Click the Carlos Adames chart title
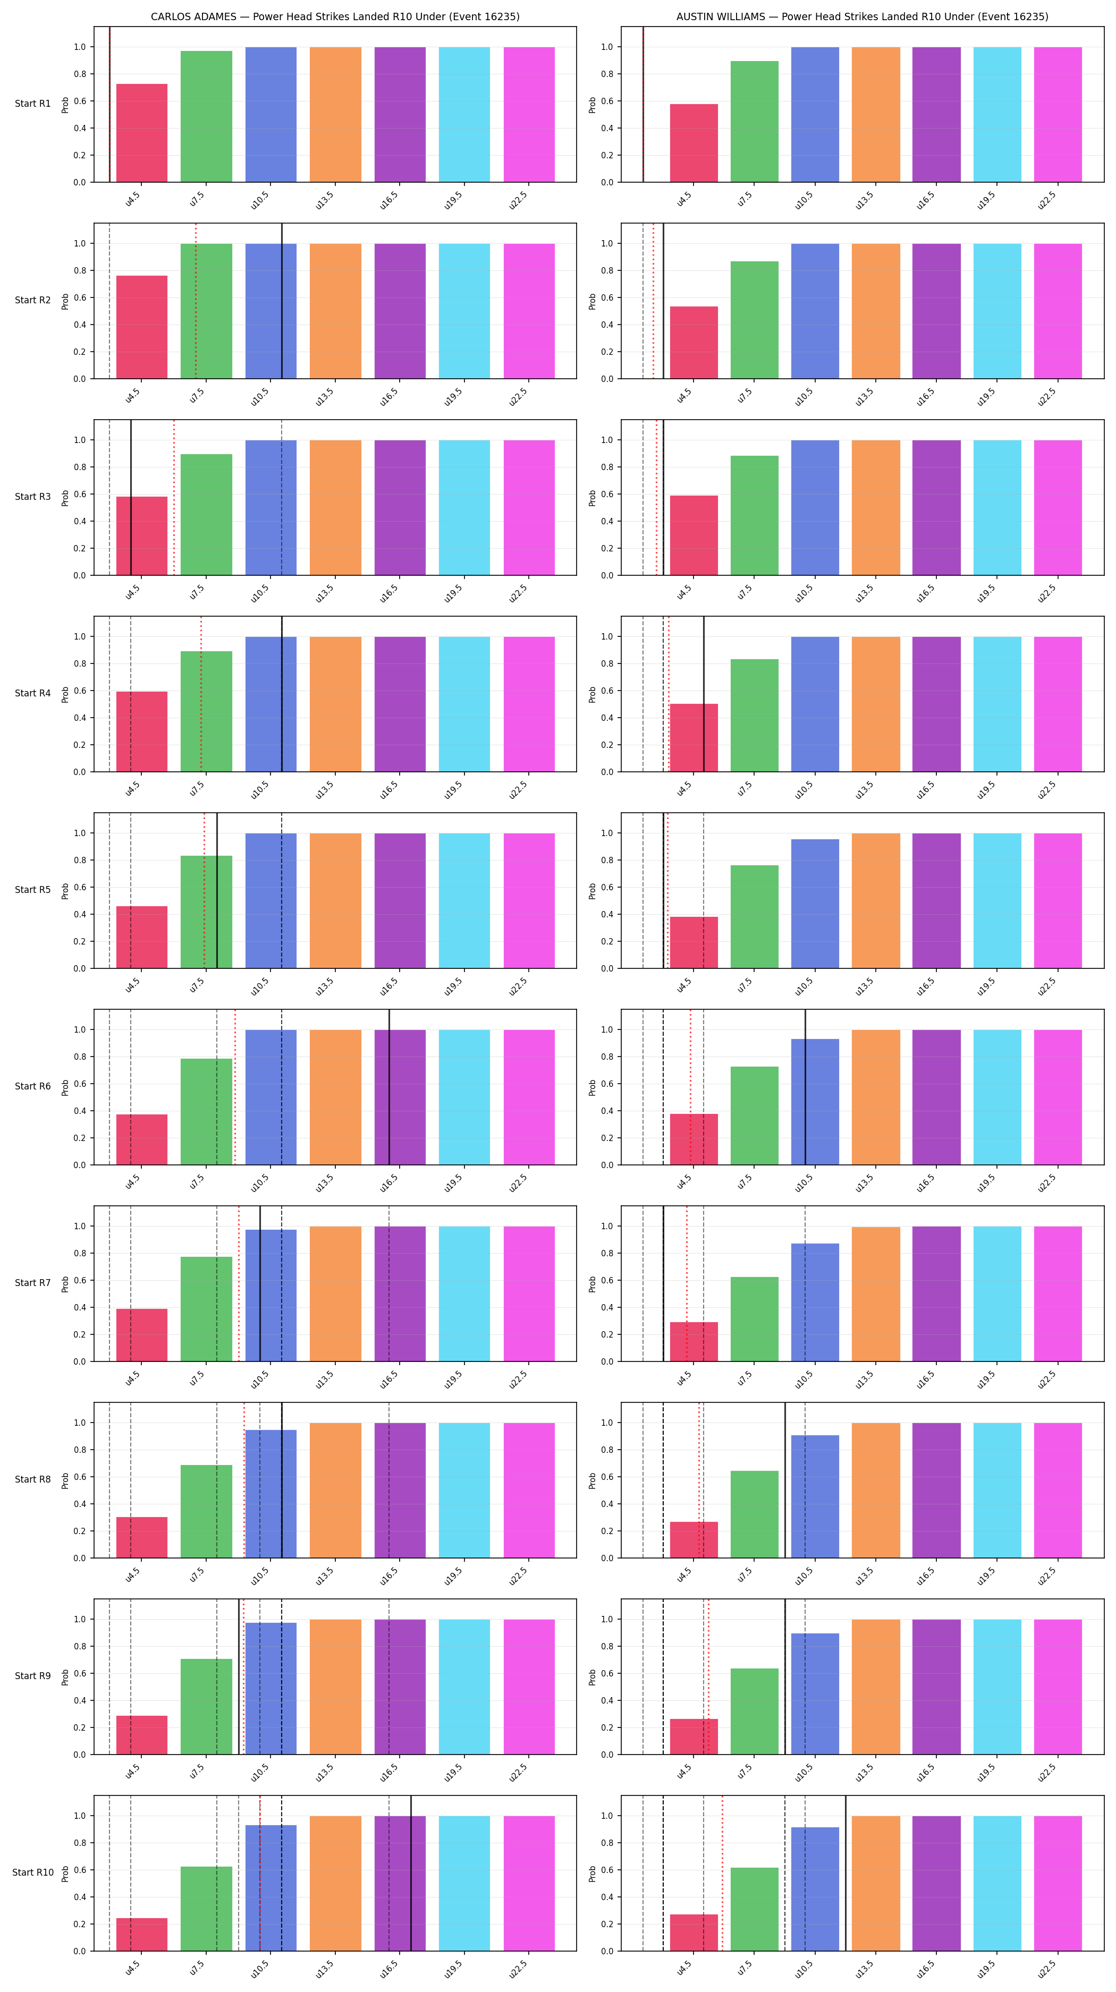click(x=335, y=16)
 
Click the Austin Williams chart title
click(x=863, y=16)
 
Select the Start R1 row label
click(x=32, y=104)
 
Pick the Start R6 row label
click(x=32, y=1086)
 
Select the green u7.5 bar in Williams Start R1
click(x=754, y=122)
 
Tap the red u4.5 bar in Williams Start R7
click(x=694, y=1342)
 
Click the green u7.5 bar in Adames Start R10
click(x=207, y=1909)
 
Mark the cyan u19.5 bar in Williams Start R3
click(x=997, y=508)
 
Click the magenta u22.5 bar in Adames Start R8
click(x=529, y=1490)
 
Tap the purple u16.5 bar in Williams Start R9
click(x=936, y=1687)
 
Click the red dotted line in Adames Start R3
click(x=174, y=497)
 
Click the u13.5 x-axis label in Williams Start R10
click(x=864, y=1969)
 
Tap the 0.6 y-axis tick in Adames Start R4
click(x=80, y=691)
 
